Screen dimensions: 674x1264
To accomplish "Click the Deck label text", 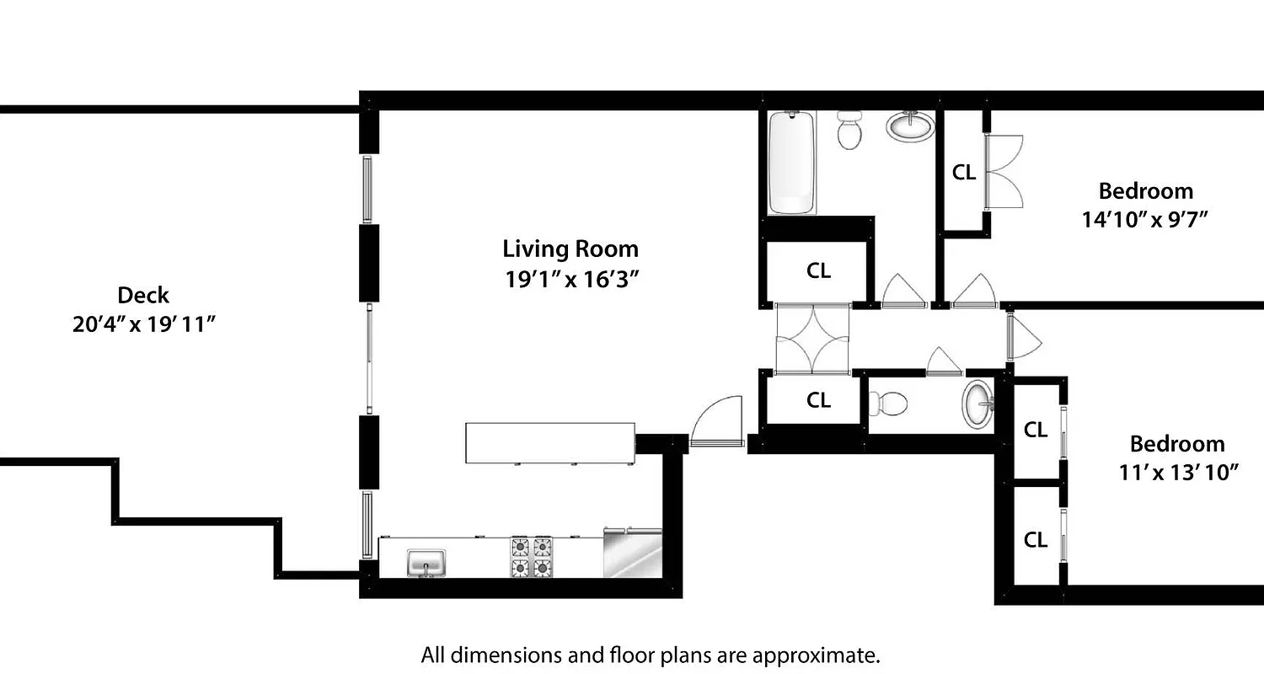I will point(143,296).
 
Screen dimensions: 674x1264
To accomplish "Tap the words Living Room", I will point(570,249).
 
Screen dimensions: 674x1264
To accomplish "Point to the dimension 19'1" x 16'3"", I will point(570,279).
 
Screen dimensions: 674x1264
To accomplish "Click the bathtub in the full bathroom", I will point(791,163).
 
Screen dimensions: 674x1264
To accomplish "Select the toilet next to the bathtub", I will point(849,131).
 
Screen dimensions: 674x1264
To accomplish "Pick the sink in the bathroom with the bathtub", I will point(910,127).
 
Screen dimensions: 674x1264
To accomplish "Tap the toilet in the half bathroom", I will point(888,404).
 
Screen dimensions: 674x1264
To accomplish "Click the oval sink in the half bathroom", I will point(977,404).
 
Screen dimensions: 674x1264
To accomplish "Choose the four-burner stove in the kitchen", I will point(531,556).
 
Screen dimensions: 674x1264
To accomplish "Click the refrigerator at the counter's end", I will point(633,554).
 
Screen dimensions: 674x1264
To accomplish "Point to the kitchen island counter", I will point(549,442).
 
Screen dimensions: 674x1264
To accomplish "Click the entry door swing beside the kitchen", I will point(716,421).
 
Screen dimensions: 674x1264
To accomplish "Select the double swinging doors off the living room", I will point(811,339).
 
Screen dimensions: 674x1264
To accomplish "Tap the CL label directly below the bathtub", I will point(818,271).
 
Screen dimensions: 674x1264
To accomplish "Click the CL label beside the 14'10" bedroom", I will point(963,173).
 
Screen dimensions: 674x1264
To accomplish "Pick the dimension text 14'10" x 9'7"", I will point(1145,220).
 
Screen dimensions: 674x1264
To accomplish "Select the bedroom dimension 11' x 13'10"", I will point(1177,473).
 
